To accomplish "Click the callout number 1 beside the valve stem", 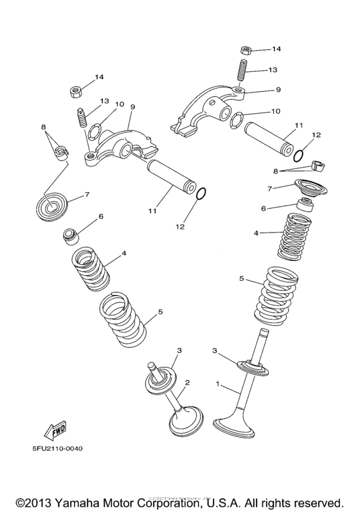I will coord(218,384).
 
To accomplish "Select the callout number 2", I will coord(188,383).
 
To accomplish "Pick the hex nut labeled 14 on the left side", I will coord(75,91).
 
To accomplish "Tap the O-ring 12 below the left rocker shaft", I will coord(200,193).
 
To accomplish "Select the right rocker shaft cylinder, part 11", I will coord(273,136).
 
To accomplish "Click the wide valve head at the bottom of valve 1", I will coord(239,427).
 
